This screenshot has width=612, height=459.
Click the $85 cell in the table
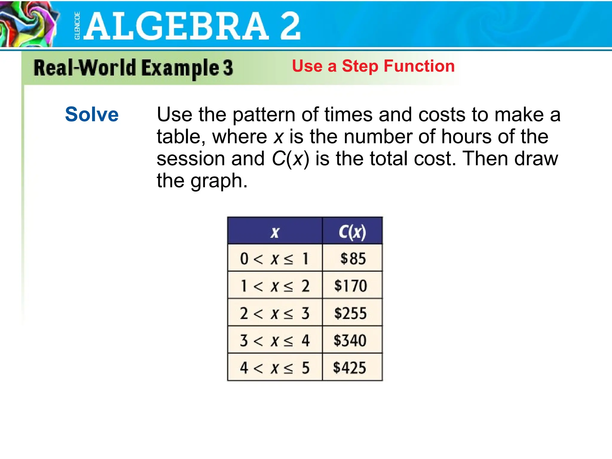353,258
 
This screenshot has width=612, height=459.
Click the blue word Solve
92,114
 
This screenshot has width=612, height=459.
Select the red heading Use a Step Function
373,66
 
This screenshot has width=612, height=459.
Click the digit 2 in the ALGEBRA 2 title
290,26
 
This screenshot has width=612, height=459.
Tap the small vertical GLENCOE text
77,26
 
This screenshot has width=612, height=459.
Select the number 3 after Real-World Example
228,68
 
